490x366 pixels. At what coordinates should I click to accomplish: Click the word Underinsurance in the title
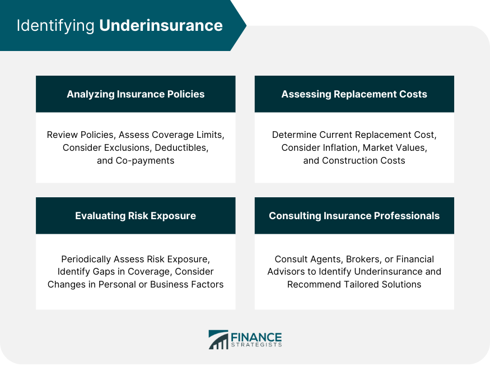[161, 26]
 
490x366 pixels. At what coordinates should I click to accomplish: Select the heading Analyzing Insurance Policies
[136, 94]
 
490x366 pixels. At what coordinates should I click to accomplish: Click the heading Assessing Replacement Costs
[354, 94]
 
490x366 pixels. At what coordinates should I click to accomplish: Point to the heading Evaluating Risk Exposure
[136, 216]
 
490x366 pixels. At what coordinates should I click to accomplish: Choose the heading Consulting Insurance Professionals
[354, 216]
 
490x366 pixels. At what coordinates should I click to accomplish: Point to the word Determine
[294, 135]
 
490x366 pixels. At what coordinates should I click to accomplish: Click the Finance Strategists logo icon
[218, 340]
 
